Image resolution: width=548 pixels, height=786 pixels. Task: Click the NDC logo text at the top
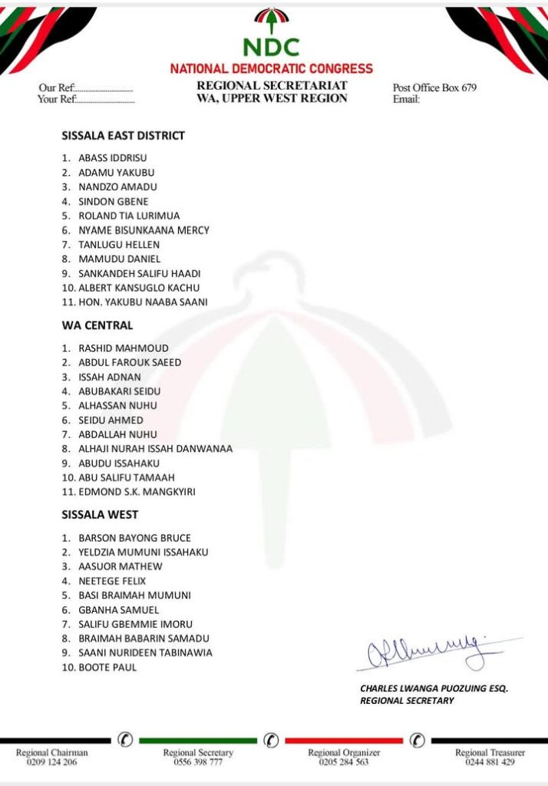click(271, 48)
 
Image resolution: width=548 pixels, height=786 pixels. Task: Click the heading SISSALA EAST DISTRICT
click(123, 136)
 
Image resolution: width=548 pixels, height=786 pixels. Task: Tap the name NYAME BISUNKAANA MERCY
click(144, 230)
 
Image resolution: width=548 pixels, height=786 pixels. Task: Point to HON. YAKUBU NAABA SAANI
click(143, 302)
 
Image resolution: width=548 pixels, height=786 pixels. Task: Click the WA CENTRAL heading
click(97, 325)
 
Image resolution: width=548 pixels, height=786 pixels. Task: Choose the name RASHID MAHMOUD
click(124, 348)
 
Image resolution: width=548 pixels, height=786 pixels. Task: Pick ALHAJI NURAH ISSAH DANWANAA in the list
click(155, 448)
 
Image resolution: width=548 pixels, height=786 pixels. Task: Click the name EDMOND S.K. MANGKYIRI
click(137, 492)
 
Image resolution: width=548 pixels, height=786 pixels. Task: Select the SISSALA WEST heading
click(100, 514)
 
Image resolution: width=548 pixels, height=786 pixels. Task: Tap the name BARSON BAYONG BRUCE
click(134, 538)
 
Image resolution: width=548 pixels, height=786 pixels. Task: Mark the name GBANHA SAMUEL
click(118, 610)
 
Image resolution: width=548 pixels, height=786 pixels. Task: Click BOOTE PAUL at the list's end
click(107, 668)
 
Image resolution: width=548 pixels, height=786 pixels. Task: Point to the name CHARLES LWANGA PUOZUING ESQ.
click(434, 689)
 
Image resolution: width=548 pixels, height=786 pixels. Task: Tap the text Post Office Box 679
click(434, 88)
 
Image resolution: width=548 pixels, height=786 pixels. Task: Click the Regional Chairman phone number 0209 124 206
click(52, 762)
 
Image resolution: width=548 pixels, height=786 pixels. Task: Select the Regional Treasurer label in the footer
click(490, 752)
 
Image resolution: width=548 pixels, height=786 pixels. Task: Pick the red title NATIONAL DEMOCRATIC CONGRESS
click(271, 69)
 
